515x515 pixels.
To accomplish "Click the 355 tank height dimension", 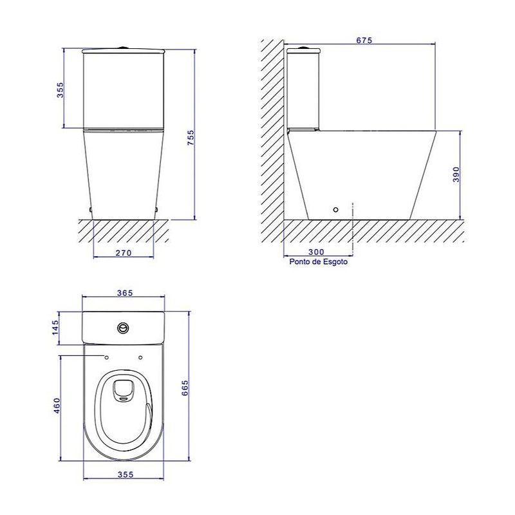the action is point(61,89).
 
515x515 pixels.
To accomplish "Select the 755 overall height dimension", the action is point(191,138).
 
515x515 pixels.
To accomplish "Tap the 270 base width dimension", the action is point(124,253).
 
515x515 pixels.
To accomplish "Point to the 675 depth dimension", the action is point(364,40).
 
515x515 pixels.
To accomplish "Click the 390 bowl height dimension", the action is point(456,174).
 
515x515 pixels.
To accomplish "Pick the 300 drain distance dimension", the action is point(316,252).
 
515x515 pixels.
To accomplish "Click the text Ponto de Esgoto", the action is point(318,262).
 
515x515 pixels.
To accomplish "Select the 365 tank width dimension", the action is point(125,293).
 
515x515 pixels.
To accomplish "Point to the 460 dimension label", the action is point(57,406).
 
